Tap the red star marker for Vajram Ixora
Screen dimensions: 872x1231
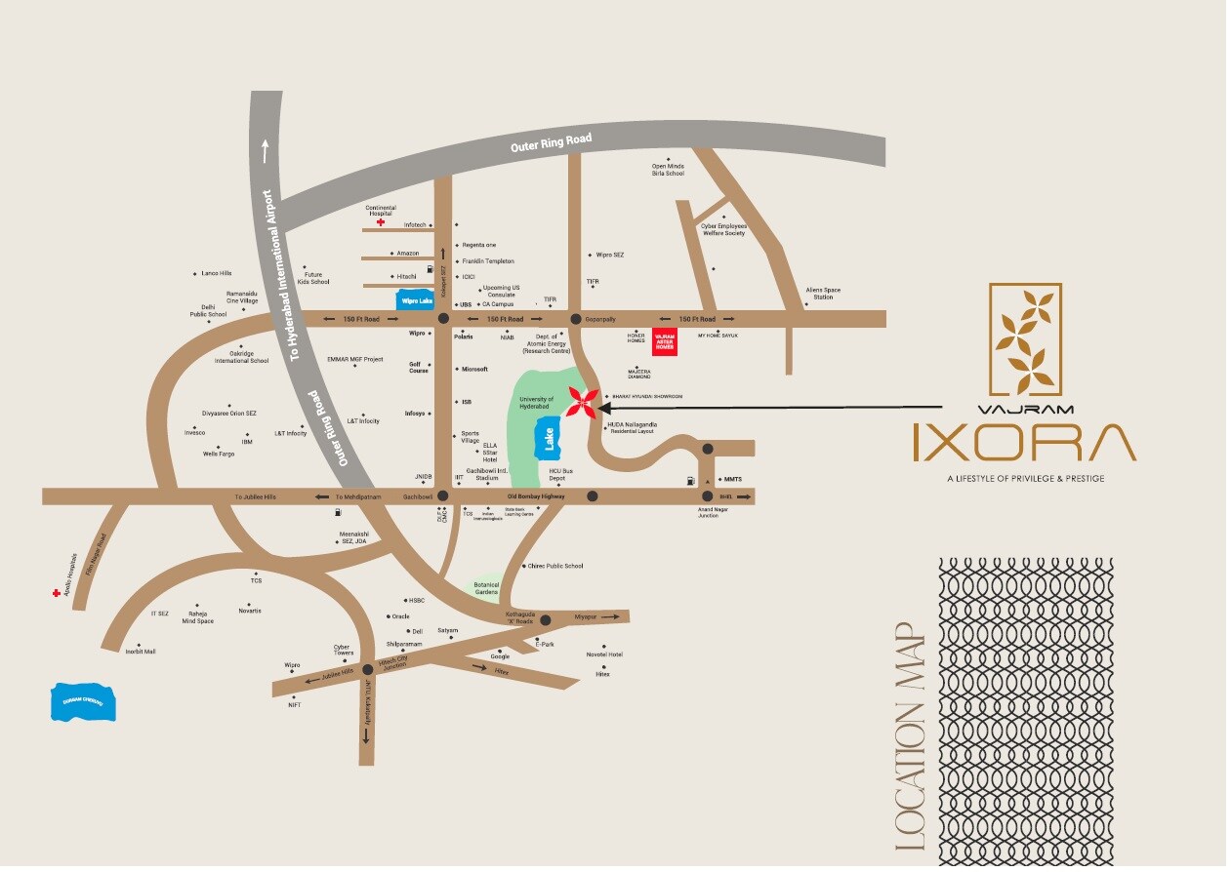[585, 402]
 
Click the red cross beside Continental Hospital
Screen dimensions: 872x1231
[381, 222]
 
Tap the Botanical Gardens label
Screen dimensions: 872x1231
[486, 588]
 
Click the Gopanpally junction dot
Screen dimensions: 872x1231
[575, 319]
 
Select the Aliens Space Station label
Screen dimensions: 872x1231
[823, 293]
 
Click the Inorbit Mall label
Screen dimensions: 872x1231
[141, 651]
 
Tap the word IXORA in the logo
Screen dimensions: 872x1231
[1024, 443]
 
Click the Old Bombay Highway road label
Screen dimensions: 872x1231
[536, 496]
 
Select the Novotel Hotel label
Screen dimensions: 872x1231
[604, 654]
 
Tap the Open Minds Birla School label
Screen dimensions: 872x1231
[668, 170]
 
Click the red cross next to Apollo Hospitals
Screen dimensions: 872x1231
[57, 592]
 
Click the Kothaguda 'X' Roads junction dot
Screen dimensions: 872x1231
[546, 619]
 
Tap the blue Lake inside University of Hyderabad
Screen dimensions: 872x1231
[548, 439]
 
